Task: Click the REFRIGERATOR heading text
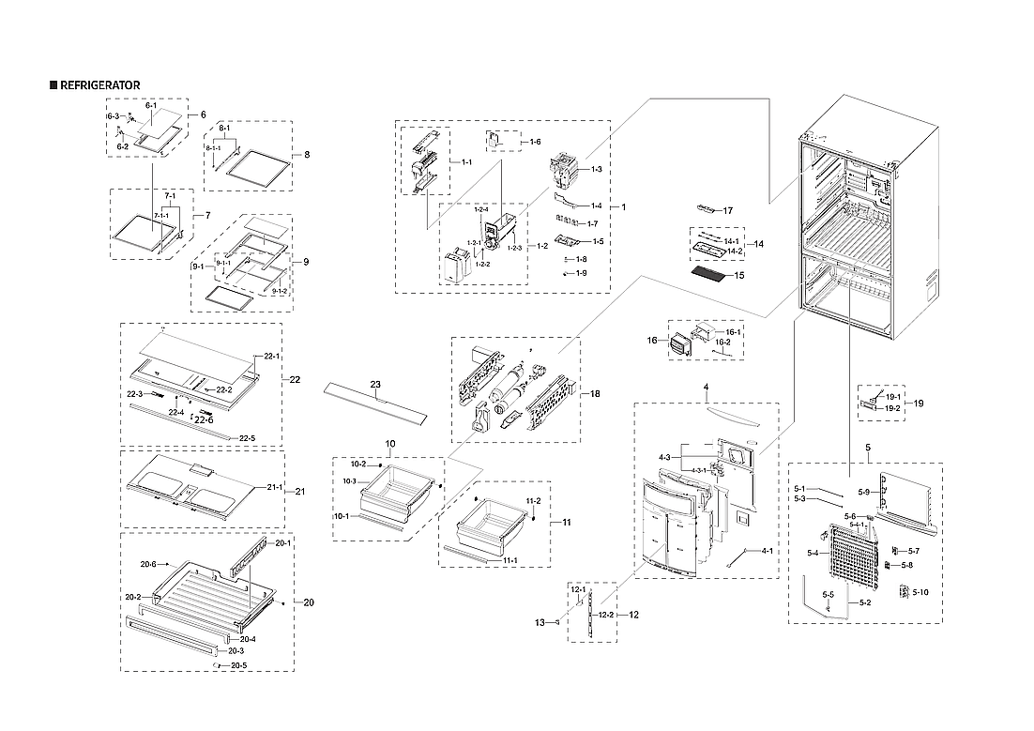click(99, 85)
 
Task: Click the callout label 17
click(726, 210)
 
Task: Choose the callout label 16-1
click(733, 332)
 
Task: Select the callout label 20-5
click(238, 665)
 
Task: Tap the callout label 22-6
click(204, 421)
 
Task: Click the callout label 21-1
click(275, 487)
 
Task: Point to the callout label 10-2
click(358, 464)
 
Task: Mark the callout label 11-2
click(533, 501)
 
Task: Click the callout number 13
click(540, 622)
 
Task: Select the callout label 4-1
click(767, 551)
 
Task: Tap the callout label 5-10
click(920, 592)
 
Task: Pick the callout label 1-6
click(535, 142)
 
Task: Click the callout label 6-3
click(113, 116)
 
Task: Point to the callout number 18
click(594, 395)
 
